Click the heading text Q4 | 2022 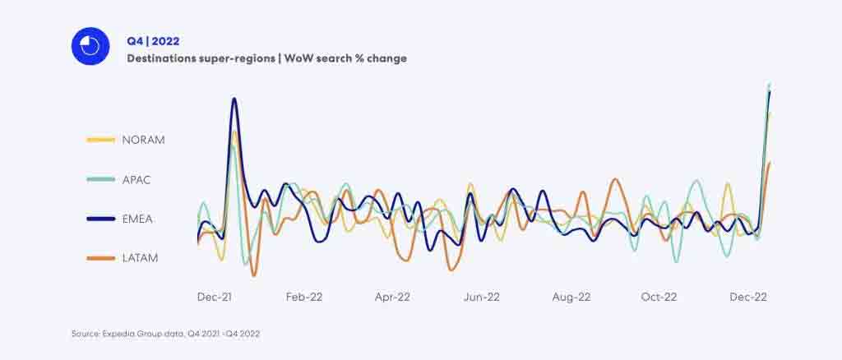tap(153, 40)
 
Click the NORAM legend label tap(143, 140)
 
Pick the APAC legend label tap(136, 179)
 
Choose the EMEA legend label tap(137, 219)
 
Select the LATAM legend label tap(140, 258)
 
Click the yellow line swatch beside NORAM tap(100, 140)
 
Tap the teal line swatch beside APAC tap(100, 179)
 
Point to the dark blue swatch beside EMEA tap(100, 219)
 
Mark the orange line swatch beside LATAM tap(100, 258)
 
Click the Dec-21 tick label tap(215, 297)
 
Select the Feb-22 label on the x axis tap(304, 297)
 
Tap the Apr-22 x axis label tap(392, 297)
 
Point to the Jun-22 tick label tap(482, 297)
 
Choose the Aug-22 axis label tap(571, 297)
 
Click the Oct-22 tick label tap(659, 297)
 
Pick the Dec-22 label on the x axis tap(749, 297)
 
